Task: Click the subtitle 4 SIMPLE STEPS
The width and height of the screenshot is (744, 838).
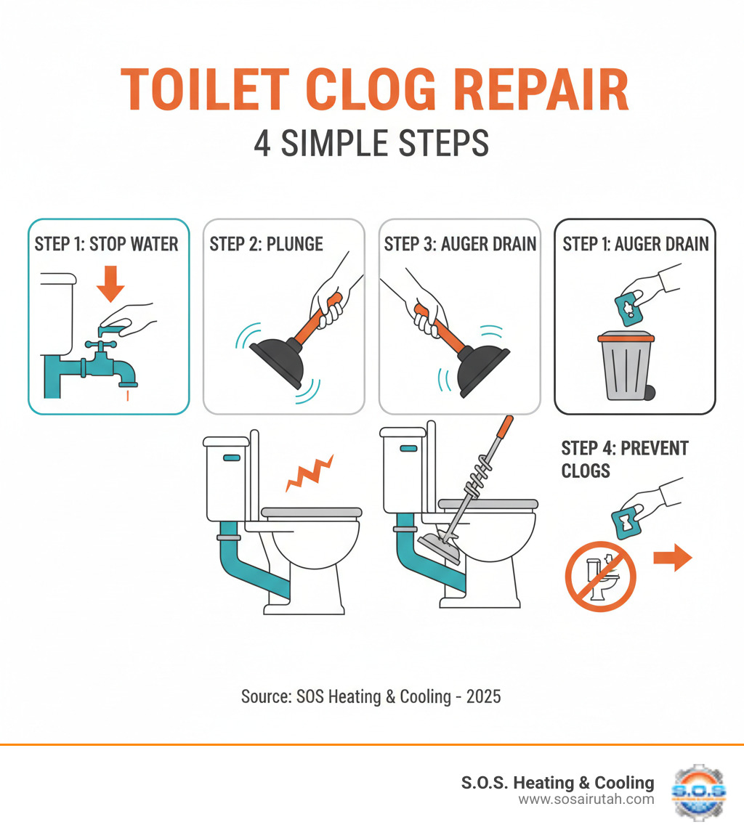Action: pos(371,144)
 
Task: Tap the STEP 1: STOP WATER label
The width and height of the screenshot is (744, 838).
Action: pos(107,244)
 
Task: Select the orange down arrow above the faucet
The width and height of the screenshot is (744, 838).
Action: pos(110,283)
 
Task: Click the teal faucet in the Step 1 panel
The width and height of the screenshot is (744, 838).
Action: pos(109,363)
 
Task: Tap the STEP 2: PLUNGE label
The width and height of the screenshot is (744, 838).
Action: pos(267,244)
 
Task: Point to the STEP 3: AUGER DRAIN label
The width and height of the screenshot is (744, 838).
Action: pos(460,244)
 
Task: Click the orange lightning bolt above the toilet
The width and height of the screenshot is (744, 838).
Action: pos(310,473)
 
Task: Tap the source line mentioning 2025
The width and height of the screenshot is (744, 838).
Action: pos(371,696)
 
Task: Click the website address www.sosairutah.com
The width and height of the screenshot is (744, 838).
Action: pos(586,800)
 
